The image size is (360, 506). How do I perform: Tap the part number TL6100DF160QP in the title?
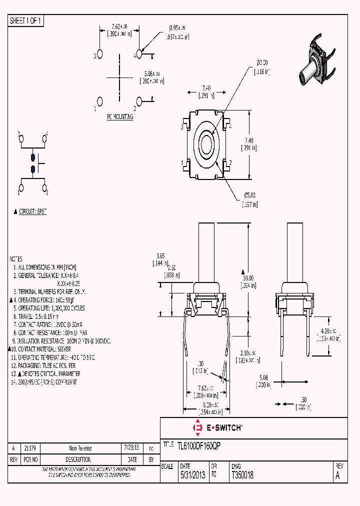197,444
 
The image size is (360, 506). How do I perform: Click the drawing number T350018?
242,476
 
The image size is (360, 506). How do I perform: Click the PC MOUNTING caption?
120,116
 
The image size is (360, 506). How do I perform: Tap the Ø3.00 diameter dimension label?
262,63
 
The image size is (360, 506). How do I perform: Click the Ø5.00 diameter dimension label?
249,195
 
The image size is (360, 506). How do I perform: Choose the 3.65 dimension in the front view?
160,255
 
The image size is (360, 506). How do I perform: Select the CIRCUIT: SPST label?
32,212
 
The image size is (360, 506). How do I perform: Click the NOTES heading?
16,259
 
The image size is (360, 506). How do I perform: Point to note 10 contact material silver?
43,349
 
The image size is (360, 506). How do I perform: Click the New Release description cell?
80,448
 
